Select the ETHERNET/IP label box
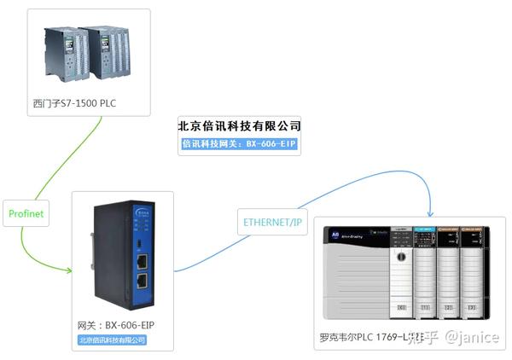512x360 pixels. pos(272,223)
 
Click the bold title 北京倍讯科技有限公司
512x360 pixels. pos(239,125)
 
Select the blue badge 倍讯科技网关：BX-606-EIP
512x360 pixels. pos(239,144)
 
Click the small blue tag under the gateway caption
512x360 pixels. pos(112,340)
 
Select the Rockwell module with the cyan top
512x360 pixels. pos(425,269)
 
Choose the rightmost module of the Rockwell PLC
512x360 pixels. pos(471,269)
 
